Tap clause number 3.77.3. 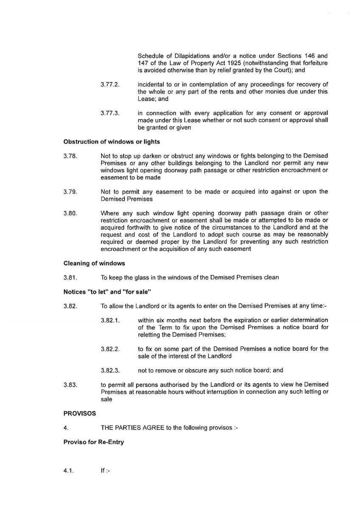[110, 113]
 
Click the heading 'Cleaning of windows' [94, 263]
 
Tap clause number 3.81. [70, 278]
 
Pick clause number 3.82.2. [110, 349]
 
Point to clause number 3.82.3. [110, 370]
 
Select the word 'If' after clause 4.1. [103, 471]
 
